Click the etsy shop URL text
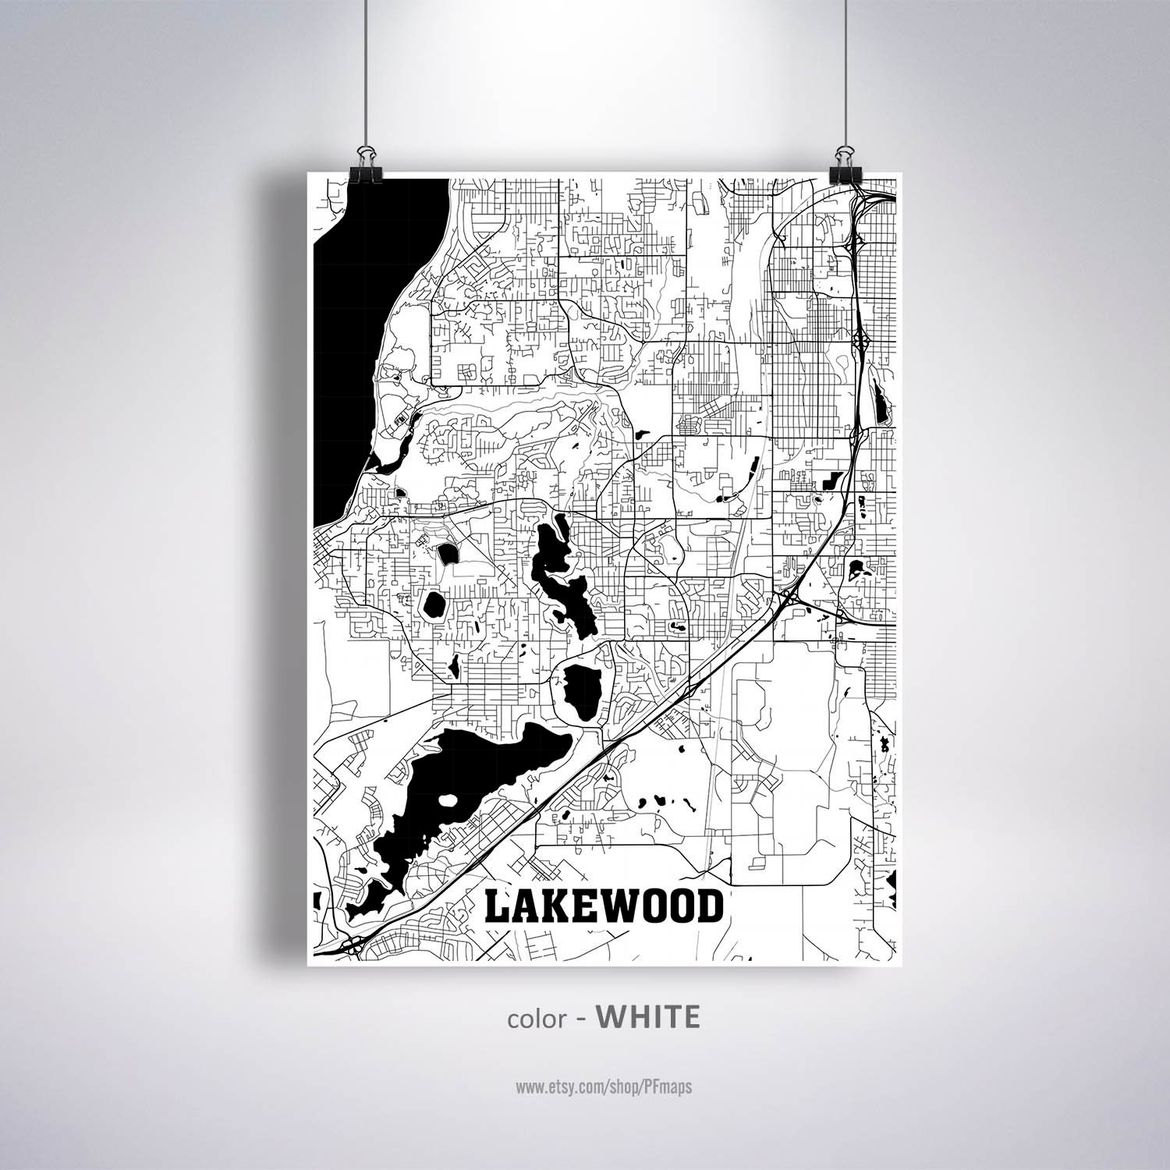click(603, 1087)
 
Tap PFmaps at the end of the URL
click(665, 1087)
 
